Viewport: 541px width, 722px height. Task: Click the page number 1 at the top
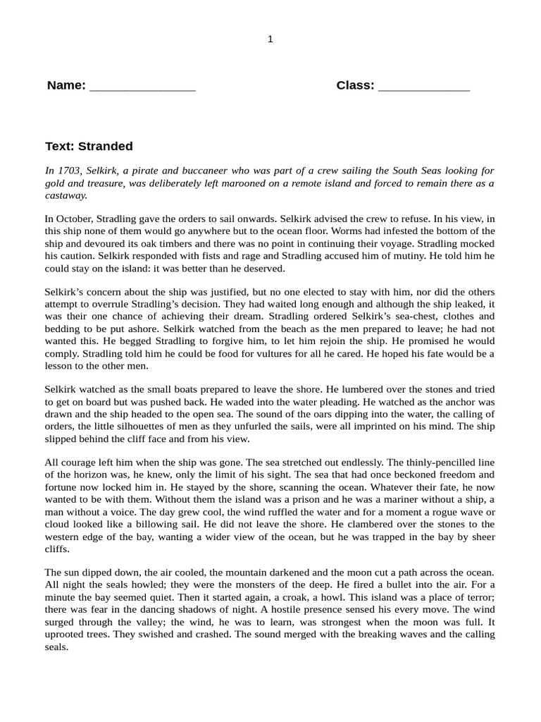(x=270, y=39)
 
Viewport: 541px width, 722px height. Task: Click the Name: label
(x=66, y=86)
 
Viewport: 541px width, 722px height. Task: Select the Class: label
(x=355, y=86)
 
